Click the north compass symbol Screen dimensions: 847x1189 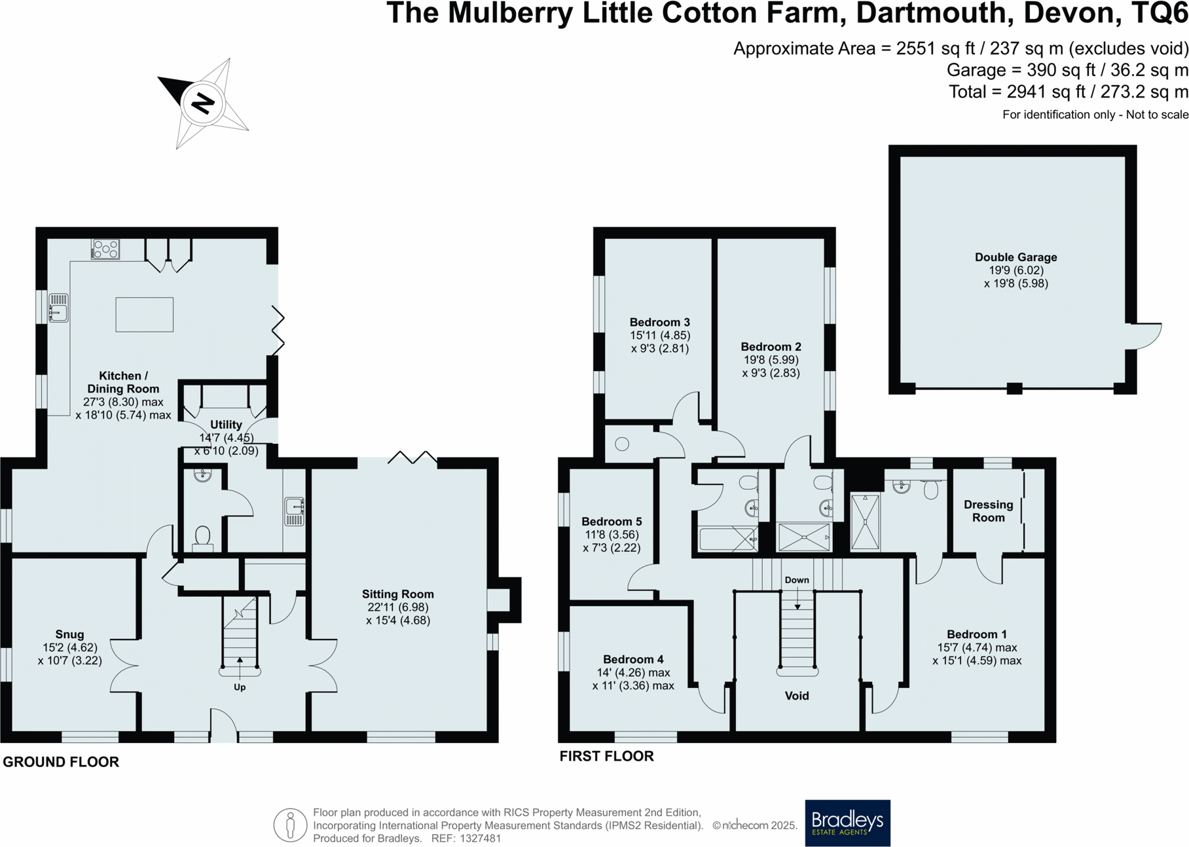pos(203,103)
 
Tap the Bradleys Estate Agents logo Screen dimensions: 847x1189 pos(847,823)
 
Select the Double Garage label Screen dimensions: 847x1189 pos(1015,257)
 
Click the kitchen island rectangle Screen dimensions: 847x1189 pos(145,314)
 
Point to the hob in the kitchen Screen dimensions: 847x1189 pos(105,249)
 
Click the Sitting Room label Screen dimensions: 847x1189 pos(398,594)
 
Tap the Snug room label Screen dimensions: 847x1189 pos(69,634)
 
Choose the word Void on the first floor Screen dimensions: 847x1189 pos(797,696)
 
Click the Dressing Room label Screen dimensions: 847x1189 pos(988,511)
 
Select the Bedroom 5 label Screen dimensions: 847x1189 pos(612,522)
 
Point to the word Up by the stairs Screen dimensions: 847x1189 pos(240,687)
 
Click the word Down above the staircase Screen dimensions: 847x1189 pos(797,580)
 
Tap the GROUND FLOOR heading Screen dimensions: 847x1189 pos(61,762)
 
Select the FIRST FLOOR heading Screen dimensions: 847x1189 pos(606,756)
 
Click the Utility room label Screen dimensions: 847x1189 pos(226,425)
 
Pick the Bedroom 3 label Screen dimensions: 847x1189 pos(659,322)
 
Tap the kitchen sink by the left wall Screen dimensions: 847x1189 pos(58,308)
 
